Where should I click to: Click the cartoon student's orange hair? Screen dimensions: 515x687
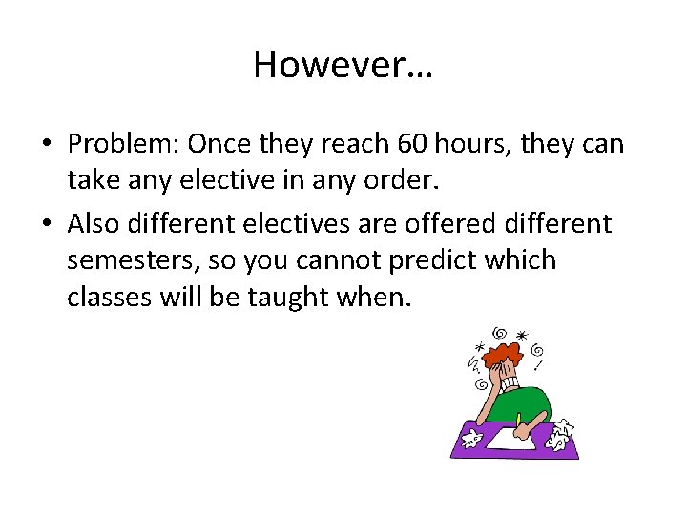496,357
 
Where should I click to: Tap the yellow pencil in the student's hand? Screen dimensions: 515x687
519,420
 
